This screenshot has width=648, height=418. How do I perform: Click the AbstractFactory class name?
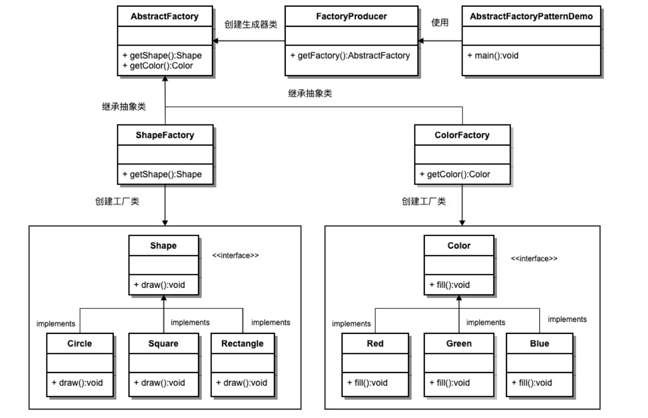164,17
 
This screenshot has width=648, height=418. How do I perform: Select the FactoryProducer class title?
351,17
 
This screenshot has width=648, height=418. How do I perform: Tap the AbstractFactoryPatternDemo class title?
531,17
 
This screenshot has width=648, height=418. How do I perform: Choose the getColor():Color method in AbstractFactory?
158,66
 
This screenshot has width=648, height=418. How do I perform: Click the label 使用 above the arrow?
440,23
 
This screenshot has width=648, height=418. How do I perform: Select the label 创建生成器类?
247,24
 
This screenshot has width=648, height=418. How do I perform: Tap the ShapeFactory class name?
165,135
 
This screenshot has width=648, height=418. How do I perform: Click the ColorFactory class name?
462,135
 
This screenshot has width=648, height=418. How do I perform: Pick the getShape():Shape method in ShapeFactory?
162,175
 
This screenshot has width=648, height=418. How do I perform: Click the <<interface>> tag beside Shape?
236,255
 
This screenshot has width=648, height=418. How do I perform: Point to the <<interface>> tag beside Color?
534,258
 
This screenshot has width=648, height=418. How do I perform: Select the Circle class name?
80,344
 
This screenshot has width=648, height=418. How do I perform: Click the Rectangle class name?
242,344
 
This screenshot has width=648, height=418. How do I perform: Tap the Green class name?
459,344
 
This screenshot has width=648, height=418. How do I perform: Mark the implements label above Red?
351,323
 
